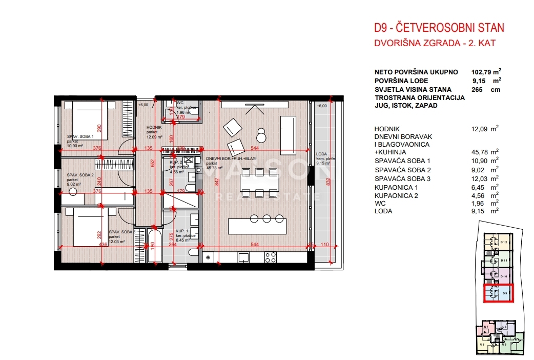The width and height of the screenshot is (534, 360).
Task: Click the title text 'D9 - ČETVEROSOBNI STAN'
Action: coord(439,28)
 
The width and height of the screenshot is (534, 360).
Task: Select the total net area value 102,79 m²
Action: coord(485,72)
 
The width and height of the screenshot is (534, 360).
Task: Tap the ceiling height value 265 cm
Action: coord(485,89)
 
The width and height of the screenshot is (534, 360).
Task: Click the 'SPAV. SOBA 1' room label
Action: coord(79,136)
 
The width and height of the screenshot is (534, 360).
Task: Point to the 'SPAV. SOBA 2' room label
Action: coord(79,175)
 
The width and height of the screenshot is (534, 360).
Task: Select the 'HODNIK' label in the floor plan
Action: coord(154,128)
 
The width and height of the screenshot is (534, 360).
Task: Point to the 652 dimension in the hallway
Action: coord(152,163)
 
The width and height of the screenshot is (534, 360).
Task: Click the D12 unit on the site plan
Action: coord(503,242)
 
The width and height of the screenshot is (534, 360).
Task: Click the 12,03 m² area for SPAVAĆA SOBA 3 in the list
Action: coord(485,178)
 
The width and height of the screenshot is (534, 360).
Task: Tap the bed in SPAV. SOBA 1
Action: coord(85,120)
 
